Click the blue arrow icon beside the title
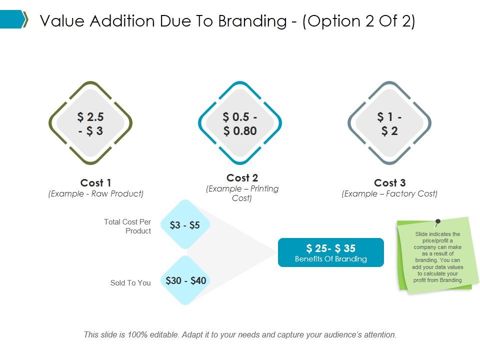[x=14, y=19]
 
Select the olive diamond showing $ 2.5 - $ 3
[x=90, y=123]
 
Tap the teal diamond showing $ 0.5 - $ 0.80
[x=240, y=123]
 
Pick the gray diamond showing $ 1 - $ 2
[x=389, y=123]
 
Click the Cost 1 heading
[x=95, y=183]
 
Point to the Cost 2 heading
[x=242, y=178]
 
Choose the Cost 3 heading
[x=389, y=183]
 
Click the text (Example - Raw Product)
[x=95, y=194]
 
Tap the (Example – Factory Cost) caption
[x=389, y=194]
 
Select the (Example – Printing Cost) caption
[x=242, y=193]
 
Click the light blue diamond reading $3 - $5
[x=185, y=225]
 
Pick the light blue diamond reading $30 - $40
[x=185, y=280]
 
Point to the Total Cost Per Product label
[x=127, y=226]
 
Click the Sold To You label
[x=130, y=283]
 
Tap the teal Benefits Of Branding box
[x=330, y=252]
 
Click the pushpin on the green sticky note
[x=437, y=221]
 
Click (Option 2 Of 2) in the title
[x=358, y=21]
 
